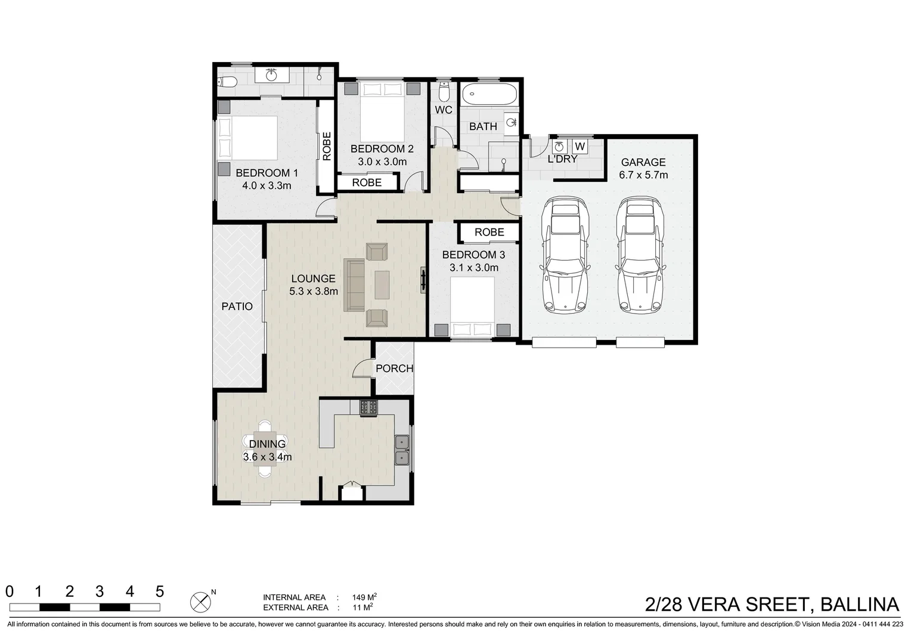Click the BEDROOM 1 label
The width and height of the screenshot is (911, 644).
click(x=267, y=173)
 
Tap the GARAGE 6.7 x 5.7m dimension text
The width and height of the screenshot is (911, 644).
click(x=643, y=175)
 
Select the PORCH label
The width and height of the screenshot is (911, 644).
click(x=394, y=369)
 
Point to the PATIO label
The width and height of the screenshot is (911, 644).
click(x=237, y=306)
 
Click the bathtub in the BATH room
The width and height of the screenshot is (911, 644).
click(x=490, y=94)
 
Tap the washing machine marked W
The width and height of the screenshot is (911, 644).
click(x=580, y=147)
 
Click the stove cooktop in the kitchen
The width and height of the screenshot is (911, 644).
click(x=368, y=407)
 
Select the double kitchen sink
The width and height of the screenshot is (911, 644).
click(x=402, y=450)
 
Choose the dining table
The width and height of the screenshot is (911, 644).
click(x=265, y=448)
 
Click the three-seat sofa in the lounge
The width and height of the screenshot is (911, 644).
click(x=354, y=285)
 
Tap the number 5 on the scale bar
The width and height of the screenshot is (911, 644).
click(x=160, y=592)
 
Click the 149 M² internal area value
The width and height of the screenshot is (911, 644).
click(x=364, y=597)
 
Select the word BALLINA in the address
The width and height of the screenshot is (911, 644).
click(x=860, y=605)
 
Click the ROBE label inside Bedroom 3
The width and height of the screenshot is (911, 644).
click(x=489, y=233)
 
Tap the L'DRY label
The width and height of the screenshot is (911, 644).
click(x=562, y=159)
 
